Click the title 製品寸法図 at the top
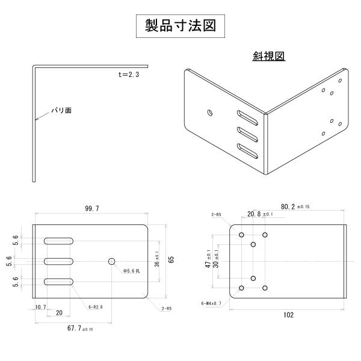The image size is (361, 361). tap(180, 26)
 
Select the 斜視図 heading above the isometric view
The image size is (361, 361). tap(268, 57)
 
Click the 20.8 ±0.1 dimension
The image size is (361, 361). tap(260, 214)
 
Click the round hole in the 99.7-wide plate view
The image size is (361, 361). tap(111, 261)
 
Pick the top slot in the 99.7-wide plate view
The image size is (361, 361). tap(58, 241)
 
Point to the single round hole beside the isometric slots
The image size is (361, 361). tap(209, 112)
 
